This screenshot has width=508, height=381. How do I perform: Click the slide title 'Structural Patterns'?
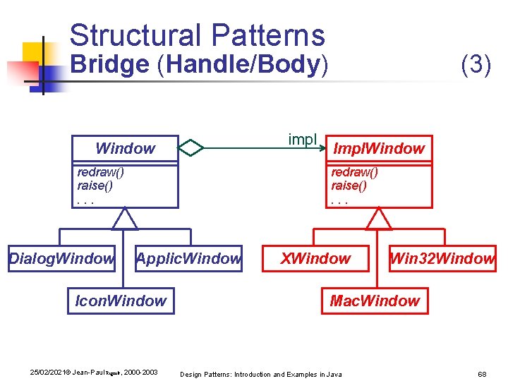(197, 35)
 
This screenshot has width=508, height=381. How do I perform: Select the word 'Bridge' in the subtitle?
(110, 64)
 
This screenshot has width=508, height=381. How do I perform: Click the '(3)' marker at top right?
(476, 65)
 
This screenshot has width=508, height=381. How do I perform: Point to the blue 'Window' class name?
(125, 148)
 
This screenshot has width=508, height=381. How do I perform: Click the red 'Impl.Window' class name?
(378, 148)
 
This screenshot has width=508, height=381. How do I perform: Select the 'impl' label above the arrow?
(303, 139)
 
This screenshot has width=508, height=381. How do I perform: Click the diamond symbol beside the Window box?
(190, 147)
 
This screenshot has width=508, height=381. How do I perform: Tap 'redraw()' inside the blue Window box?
(100, 172)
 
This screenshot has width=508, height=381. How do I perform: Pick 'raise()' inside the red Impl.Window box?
(349, 186)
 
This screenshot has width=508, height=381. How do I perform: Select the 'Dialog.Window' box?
(61, 259)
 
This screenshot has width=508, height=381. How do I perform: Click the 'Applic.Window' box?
(188, 259)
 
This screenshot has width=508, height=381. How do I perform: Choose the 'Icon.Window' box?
(121, 301)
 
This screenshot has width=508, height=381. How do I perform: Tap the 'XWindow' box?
(315, 259)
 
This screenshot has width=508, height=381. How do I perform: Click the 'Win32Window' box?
(442, 259)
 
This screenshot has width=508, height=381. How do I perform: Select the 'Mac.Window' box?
(375, 301)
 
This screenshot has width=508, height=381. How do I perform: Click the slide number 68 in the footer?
(483, 373)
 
